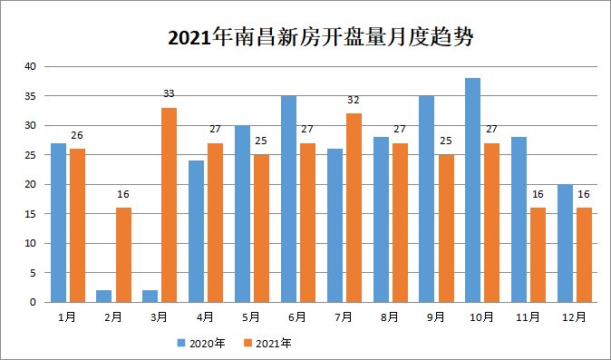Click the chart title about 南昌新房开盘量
coord(322,38)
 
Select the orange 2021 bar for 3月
coord(170,205)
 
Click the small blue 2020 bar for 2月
coord(105,297)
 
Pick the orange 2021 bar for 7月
coord(354,208)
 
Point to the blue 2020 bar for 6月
coord(289,199)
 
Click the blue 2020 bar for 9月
coord(427,199)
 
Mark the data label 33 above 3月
coord(170,94)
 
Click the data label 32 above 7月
coord(354,101)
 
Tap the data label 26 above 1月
coord(77,136)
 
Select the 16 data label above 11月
coord(538,195)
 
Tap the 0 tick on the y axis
coord(32,302)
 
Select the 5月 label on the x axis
coord(251,316)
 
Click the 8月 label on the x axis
coord(390,316)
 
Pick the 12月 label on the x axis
coord(574,316)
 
